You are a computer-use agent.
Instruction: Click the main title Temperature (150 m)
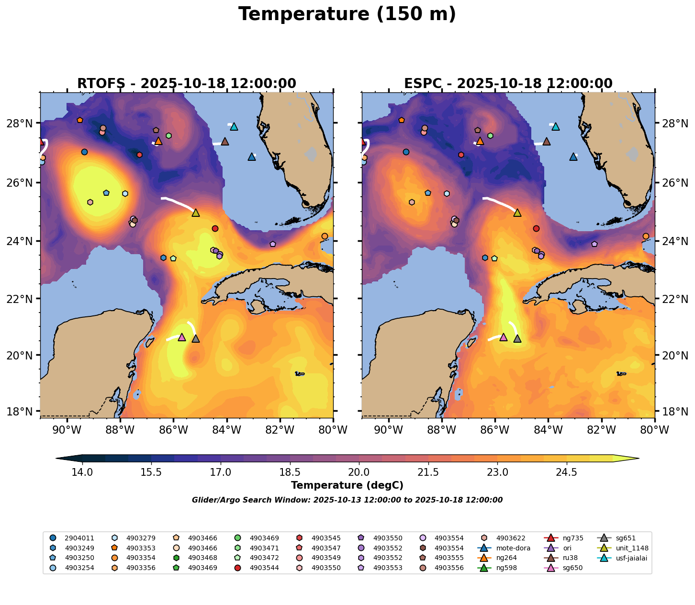[347, 14]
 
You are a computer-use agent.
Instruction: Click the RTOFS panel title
[187, 84]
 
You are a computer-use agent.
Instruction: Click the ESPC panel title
[508, 84]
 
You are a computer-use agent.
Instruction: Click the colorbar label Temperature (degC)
[347, 486]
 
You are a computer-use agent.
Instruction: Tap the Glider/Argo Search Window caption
[347, 500]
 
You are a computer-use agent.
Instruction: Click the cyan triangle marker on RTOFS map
[234, 127]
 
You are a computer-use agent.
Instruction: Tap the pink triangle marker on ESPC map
[503, 337]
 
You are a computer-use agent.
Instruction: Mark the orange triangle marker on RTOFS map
[158, 141]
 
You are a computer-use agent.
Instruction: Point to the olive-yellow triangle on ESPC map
[517, 213]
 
